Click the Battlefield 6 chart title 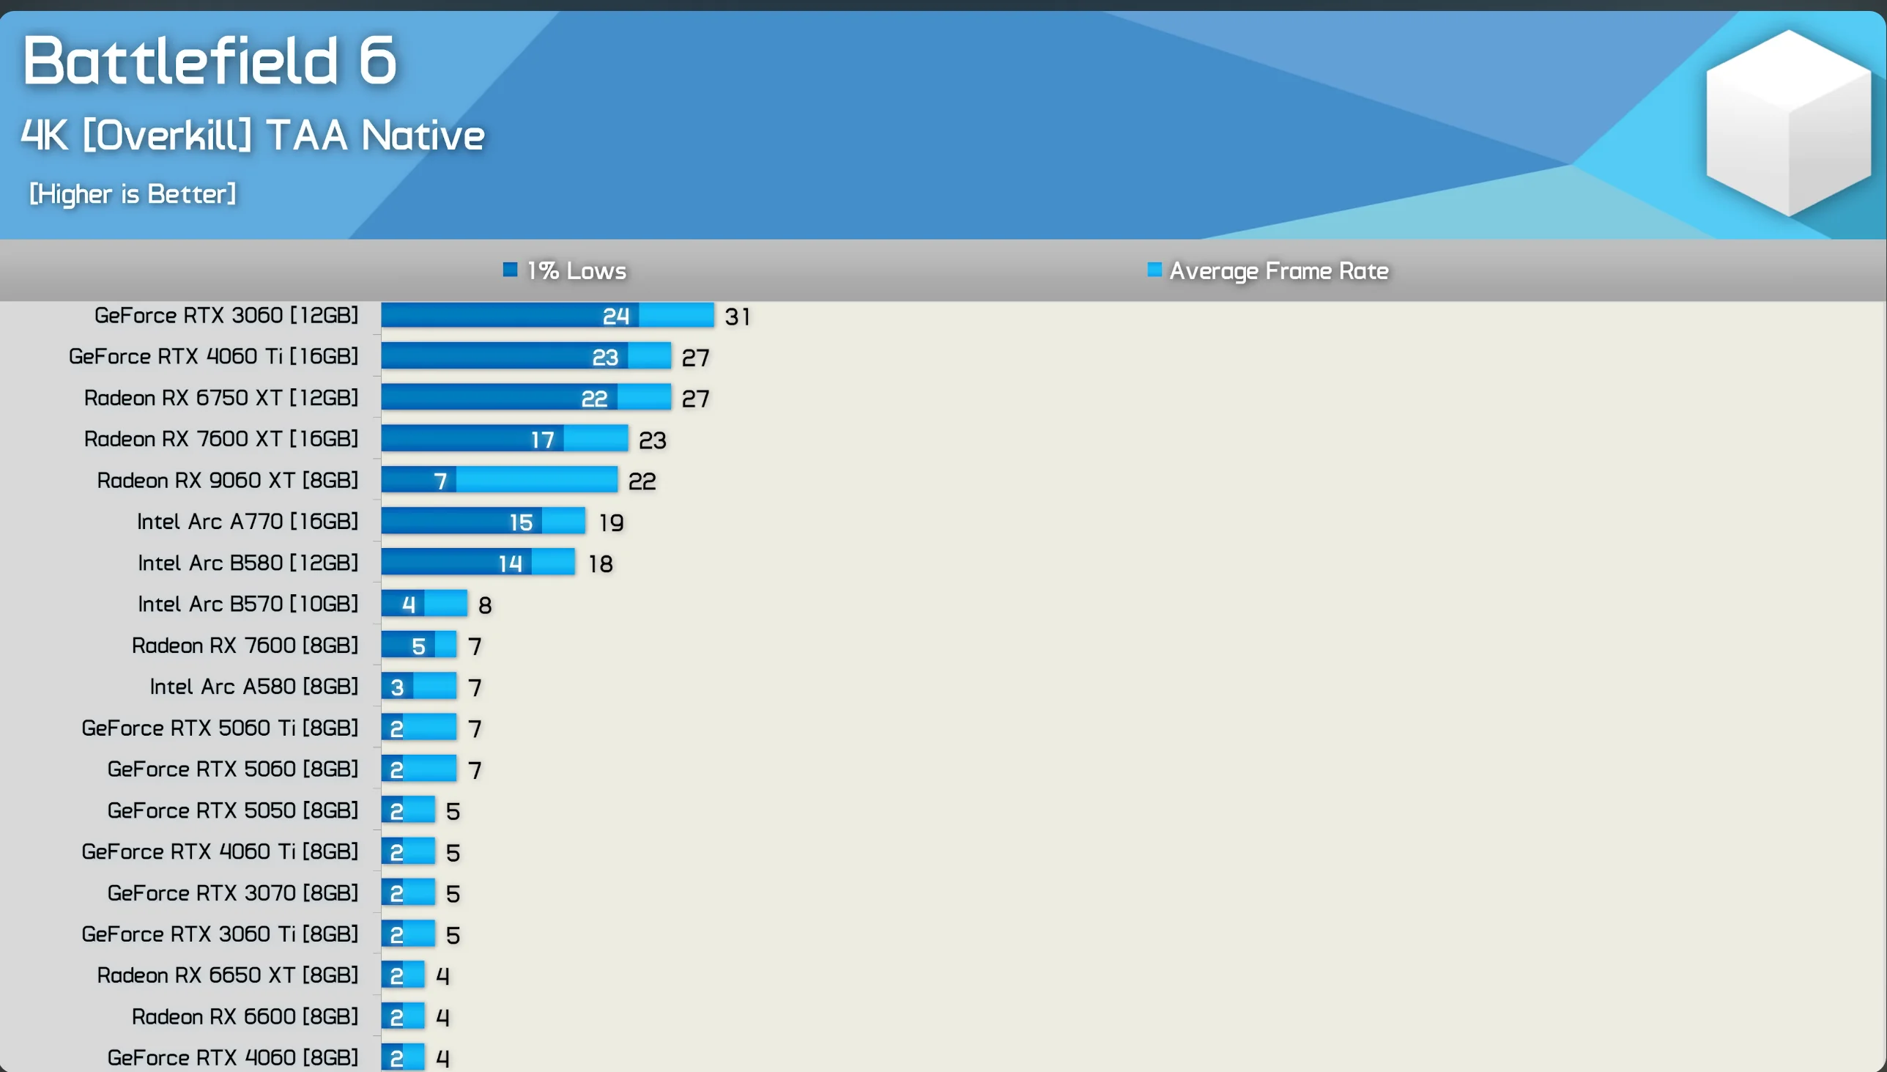(x=210, y=60)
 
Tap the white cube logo (x=1788, y=122)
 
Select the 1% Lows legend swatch (x=510, y=270)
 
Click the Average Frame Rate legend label (x=1278, y=271)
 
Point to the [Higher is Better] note (x=133, y=193)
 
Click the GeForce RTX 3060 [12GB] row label (x=226, y=315)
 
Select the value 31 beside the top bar (x=737, y=317)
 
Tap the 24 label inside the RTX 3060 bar (x=615, y=317)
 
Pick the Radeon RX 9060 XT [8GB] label (x=227, y=480)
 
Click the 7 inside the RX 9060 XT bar (x=440, y=481)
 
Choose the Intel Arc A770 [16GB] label (x=248, y=521)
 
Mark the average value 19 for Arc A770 (x=611, y=522)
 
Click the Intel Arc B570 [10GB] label (x=248, y=604)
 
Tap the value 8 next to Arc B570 (x=484, y=605)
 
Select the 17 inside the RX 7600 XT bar (x=542, y=440)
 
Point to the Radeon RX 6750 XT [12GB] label (x=220, y=398)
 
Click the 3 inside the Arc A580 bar (x=398, y=687)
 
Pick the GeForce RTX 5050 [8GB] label (x=232, y=810)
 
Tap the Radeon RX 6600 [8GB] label (x=245, y=1016)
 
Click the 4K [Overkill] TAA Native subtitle (x=253, y=136)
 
